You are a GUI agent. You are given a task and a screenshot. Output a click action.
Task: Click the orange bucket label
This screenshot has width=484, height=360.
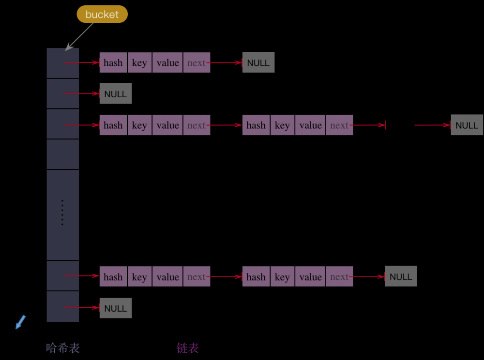point(102,15)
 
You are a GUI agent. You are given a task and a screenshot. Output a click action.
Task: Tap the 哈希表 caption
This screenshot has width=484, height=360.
point(63,347)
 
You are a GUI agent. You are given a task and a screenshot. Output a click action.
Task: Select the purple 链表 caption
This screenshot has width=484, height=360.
point(188,347)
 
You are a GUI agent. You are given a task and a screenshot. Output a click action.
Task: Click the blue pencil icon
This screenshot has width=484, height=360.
point(21,322)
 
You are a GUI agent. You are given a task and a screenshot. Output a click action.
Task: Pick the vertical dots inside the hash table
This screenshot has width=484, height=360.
point(62,212)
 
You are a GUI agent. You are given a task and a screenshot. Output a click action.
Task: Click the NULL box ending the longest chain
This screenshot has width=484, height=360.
point(467,125)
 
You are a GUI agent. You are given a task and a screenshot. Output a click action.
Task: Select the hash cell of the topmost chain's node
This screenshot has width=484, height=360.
point(113,63)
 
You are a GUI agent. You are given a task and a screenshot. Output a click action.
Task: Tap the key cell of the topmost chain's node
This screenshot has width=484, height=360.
point(139,63)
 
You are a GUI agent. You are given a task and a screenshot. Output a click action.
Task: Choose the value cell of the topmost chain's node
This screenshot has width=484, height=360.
point(167,63)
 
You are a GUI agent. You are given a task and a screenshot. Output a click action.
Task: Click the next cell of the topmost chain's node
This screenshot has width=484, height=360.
point(196,63)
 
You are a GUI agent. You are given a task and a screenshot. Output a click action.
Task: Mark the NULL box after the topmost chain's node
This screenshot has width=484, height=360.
point(258,63)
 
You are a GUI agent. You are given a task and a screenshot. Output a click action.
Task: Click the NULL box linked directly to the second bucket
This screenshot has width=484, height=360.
point(115,94)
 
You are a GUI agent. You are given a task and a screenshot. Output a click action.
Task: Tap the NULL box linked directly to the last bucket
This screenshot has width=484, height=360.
point(115,308)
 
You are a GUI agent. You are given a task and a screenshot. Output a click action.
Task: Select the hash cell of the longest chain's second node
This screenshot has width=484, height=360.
point(256,125)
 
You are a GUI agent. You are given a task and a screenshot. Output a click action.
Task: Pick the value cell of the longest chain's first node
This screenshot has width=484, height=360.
point(167,125)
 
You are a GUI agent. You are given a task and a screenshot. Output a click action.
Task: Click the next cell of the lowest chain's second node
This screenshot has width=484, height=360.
point(339,277)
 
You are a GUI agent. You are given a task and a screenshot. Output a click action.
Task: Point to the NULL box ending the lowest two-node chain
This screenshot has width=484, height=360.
point(400,277)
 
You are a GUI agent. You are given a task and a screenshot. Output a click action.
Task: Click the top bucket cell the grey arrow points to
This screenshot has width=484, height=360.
point(62,63)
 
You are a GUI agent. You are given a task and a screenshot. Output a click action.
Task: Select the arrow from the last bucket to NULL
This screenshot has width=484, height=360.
point(81,308)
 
